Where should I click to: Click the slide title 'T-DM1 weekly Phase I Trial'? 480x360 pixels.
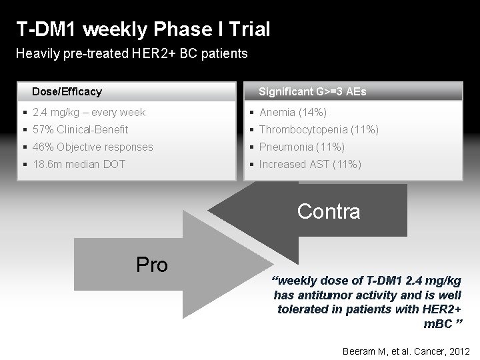(x=143, y=29)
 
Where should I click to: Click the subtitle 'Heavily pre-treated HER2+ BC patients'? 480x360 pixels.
(x=131, y=54)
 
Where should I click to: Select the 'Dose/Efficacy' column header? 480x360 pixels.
(x=67, y=91)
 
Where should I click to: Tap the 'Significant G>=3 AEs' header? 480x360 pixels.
(x=312, y=91)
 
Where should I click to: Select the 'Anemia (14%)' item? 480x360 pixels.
(x=292, y=112)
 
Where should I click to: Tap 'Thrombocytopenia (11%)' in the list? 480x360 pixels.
(x=319, y=129)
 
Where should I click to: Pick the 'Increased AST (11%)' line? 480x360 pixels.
(x=310, y=164)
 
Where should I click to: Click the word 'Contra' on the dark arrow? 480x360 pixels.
(x=329, y=211)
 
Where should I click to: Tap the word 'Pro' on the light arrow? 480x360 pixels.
(x=151, y=265)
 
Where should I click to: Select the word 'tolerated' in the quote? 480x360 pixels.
(x=300, y=309)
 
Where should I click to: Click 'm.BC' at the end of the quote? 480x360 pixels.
(x=437, y=323)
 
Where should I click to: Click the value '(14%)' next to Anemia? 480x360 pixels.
(x=311, y=112)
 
